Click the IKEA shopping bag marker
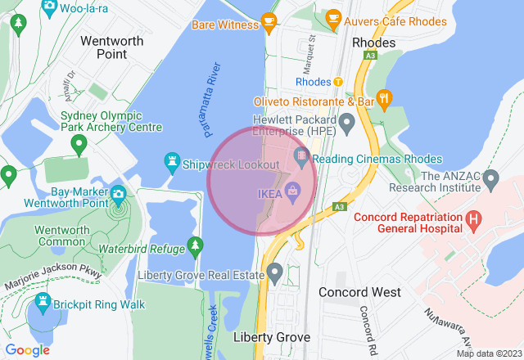coord(293,193)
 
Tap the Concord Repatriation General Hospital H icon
coord(472,219)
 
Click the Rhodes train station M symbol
coord(337,82)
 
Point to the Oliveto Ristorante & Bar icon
coord(385,101)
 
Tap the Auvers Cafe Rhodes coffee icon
coord(333,17)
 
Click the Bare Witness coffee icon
coord(269,22)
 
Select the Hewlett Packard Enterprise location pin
coord(346,124)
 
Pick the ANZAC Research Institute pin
coord(490,177)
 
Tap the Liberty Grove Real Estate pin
coord(275,271)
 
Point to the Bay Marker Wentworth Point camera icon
coord(118,194)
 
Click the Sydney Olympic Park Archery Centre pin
coord(79,146)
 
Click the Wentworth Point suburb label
coord(112,47)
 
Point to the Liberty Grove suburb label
coord(272,337)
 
